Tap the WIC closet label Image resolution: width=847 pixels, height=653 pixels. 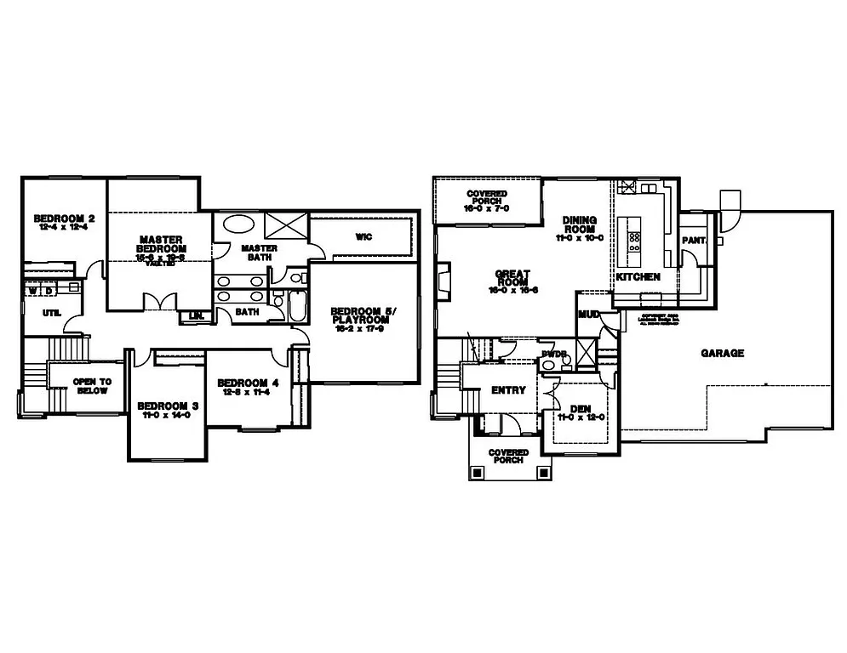(363, 236)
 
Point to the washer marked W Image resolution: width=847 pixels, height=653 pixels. (34, 291)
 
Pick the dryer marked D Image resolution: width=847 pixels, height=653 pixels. (49, 291)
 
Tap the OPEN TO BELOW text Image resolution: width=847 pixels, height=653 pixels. (91, 386)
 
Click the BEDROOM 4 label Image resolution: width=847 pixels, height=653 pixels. (249, 382)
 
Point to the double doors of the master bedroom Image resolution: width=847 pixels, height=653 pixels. (159, 302)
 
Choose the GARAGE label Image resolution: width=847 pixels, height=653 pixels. (723, 353)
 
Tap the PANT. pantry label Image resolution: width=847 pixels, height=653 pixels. (694, 241)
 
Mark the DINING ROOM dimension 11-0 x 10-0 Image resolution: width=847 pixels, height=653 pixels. (580, 238)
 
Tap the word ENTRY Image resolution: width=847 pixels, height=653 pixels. (508, 390)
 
